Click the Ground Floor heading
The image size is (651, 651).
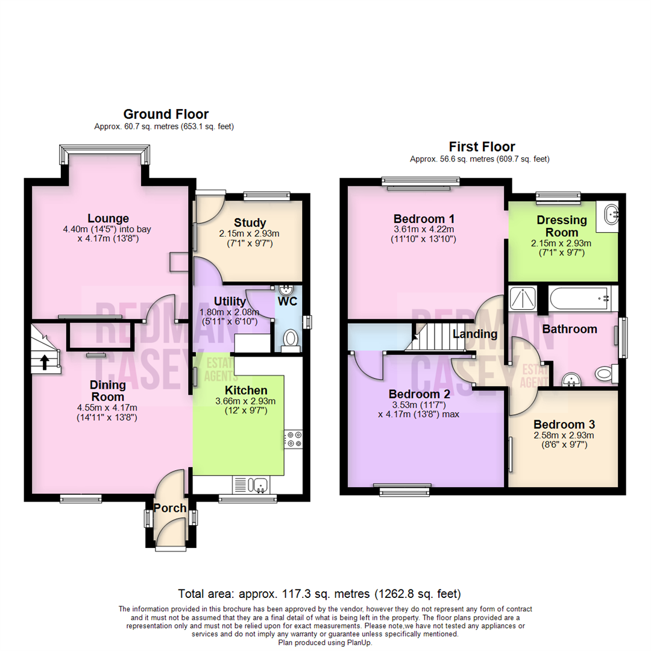tap(166, 114)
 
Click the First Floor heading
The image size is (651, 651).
tap(482, 146)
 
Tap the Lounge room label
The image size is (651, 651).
tap(108, 218)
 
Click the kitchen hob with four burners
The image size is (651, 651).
tap(294, 439)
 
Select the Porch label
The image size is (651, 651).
tap(170, 508)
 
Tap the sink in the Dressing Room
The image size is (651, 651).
tap(610, 213)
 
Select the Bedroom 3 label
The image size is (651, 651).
tap(563, 424)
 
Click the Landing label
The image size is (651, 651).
tap(475, 333)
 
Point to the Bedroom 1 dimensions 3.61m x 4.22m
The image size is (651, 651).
tap(424, 230)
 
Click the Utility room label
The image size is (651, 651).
tap(230, 301)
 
